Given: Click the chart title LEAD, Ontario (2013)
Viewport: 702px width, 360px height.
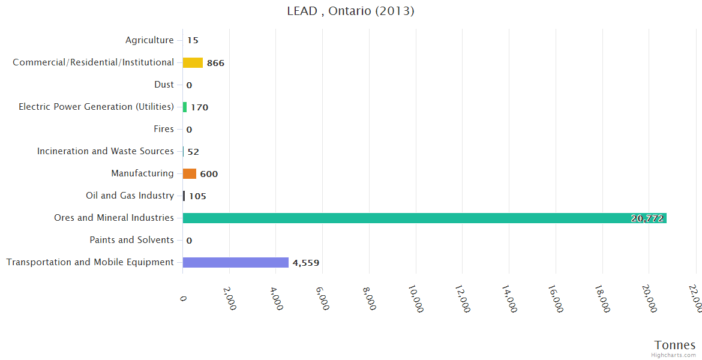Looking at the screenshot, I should pyautogui.click(x=350, y=11).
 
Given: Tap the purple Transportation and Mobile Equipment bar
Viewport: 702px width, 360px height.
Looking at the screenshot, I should pyautogui.click(x=235, y=262).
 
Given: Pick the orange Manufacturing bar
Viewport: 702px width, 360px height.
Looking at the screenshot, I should pyautogui.click(x=190, y=173).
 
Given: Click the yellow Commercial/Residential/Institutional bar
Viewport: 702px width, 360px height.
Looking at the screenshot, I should pyautogui.click(x=193, y=62).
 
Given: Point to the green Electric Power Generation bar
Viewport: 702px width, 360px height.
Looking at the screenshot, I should pyautogui.click(x=185, y=107).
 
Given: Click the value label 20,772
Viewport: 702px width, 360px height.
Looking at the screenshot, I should pyautogui.click(x=647, y=218).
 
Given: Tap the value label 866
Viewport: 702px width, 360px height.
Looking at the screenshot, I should pyautogui.click(x=215, y=63).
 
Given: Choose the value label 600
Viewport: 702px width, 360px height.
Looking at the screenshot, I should pyautogui.click(x=209, y=174).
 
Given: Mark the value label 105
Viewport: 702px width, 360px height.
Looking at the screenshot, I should pyautogui.click(x=197, y=196).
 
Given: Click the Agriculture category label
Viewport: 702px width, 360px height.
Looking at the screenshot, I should pyautogui.click(x=149, y=40).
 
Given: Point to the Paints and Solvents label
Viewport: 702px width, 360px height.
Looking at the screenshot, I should pyautogui.click(x=131, y=240).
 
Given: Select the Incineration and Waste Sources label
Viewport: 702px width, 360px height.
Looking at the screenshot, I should pyautogui.click(x=105, y=151).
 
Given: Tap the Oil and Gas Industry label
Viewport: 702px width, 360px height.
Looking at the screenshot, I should pyautogui.click(x=130, y=196).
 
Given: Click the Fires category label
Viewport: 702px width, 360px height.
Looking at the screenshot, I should pyautogui.click(x=164, y=129).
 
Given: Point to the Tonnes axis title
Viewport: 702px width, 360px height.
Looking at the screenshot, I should pyautogui.click(x=674, y=345).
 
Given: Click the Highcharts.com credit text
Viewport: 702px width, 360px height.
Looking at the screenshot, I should pyautogui.click(x=674, y=355).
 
